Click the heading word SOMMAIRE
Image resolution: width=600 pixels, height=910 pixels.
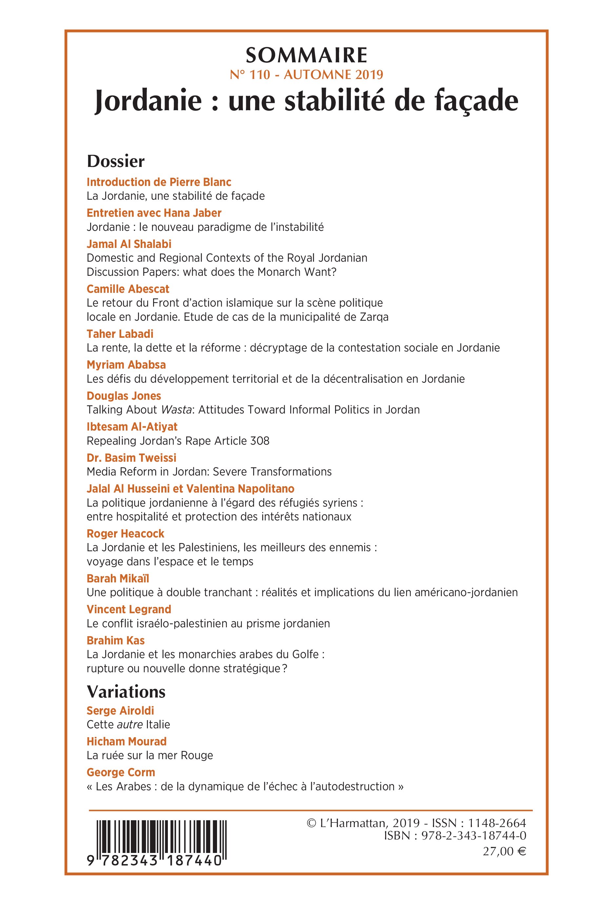(x=306, y=56)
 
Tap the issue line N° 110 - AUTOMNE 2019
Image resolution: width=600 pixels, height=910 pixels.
(x=306, y=75)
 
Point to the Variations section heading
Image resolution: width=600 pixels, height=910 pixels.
(x=126, y=692)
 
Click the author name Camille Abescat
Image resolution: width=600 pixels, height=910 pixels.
(x=128, y=289)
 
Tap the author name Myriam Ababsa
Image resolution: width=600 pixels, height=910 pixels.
(x=126, y=365)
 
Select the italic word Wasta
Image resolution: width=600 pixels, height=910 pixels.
(x=176, y=410)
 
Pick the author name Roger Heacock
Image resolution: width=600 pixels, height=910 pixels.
(x=125, y=534)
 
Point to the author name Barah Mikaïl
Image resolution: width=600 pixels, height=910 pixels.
(x=118, y=578)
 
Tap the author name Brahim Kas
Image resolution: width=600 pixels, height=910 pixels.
(x=115, y=640)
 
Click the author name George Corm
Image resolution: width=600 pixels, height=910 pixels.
(x=121, y=773)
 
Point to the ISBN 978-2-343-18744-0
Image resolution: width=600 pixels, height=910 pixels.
(x=473, y=836)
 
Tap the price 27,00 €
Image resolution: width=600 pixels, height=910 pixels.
(x=504, y=851)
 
